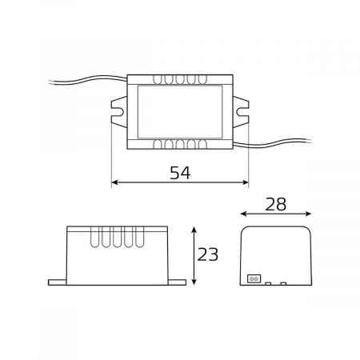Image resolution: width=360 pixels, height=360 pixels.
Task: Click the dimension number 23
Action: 207,254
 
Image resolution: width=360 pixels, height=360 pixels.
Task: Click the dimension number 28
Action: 275,204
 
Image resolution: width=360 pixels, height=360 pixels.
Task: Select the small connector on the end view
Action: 254,278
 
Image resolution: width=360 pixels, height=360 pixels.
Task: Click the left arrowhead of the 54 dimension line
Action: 114,182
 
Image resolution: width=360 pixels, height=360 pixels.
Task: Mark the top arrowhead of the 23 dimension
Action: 193,230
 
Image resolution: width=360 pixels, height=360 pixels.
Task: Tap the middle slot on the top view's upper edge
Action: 179,81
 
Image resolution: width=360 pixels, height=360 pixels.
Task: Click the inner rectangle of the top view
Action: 179,112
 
